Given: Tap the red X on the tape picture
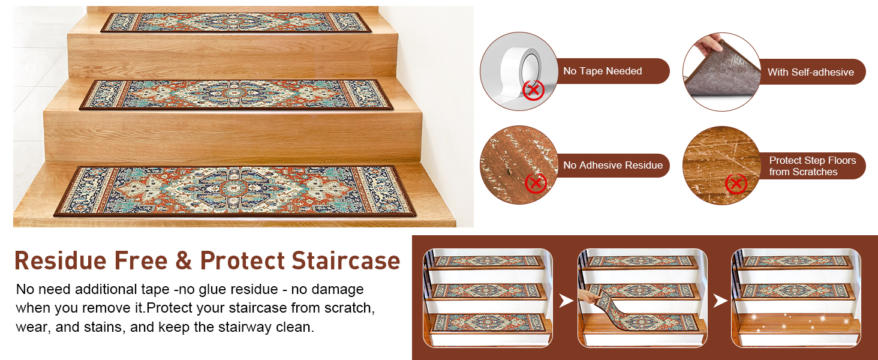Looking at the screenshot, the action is pos(534,90).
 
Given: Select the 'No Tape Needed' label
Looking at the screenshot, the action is pos(603,71).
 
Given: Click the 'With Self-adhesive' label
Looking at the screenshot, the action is pos(811,72).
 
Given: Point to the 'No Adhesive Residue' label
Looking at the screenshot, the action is pos(613,165).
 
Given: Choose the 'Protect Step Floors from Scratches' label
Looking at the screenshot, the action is pos(812,166).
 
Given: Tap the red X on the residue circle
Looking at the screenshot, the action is pos(536,183).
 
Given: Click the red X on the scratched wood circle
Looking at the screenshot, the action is pos(736,184).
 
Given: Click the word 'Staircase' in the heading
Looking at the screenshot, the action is pos(345,261).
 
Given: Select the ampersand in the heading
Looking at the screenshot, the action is pos(184,261).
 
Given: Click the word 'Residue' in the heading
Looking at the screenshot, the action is pos(61,261).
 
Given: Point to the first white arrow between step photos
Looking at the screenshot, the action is pos(565,301).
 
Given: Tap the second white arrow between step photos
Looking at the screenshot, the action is pos(720,301).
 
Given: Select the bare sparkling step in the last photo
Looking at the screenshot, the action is pos(798,324).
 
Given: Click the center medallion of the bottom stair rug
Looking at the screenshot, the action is pos(234,188).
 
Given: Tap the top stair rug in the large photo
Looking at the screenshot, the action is pos(236,22).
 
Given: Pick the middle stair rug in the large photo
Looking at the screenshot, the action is pos(236,95).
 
